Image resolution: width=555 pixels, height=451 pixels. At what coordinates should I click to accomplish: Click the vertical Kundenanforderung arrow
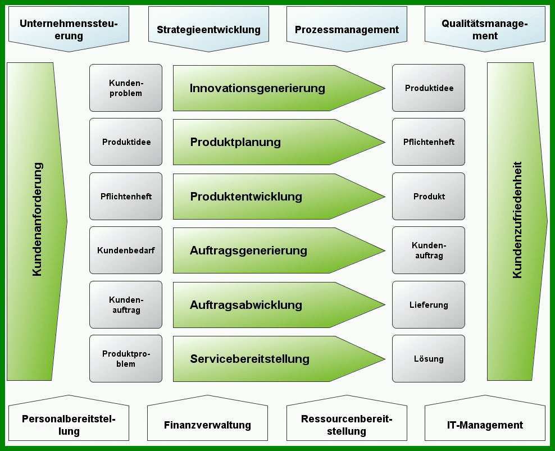pyautogui.click(x=35, y=222)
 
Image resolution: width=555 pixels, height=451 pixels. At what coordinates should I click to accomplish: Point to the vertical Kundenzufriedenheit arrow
pyautogui.click(x=516, y=222)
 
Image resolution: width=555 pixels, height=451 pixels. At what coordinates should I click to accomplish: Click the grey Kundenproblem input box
pyautogui.click(x=126, y=88)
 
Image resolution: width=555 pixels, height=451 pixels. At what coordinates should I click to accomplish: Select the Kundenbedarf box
pyautogui.click(x=126, y=250)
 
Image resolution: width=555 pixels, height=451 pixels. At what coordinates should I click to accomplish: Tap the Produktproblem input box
pyautogui.click(x=126, y=358)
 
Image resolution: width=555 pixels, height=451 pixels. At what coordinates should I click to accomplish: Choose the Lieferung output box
pyautogui.click(x=428, y=305)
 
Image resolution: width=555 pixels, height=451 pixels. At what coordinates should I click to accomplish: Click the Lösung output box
pyautogui.click(x=428, y=358)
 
